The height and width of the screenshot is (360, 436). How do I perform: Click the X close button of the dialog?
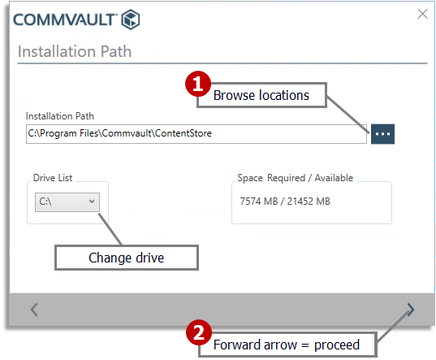tap(421, 14)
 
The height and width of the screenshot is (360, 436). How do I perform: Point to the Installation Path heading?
tap(75, 52)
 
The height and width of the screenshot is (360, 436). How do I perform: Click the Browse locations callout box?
tap(261, 95)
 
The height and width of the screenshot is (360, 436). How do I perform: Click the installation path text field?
tap(195, 133)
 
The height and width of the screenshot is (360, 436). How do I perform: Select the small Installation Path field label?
tap(60, 116)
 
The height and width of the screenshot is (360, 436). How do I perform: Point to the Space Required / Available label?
tap(295, 177)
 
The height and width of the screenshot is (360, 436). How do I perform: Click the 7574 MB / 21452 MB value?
tap(285, 201)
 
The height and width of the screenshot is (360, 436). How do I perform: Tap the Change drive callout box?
tap(126, 258)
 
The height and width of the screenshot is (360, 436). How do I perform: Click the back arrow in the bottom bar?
tap(34, 309)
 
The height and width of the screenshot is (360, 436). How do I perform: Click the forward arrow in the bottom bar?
tap(411, 309)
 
